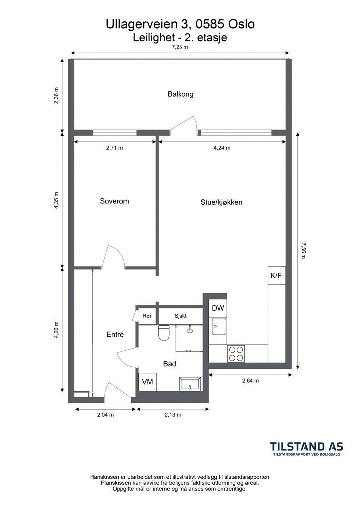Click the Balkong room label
tap(180, 94)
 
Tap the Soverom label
tap(114, 201)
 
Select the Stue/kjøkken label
tap(221, 203)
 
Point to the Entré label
tap(115, 334)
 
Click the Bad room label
tap(169, 364)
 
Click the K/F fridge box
tap(276, 276)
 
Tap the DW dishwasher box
tap(218, 308)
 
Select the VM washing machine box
tap(148, 382)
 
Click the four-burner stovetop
tap(236, 354)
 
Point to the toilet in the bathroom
tap(163, 333)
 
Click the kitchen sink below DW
tap(219, 327)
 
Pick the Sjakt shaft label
tap(180, 316)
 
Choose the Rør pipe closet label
tap(147, 315)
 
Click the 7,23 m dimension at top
tap(180, 47)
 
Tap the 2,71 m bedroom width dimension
tap(114, 148)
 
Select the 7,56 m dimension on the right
tap(303, 251)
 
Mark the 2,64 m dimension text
tap(250, 381)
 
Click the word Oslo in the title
tap(242, 24)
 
